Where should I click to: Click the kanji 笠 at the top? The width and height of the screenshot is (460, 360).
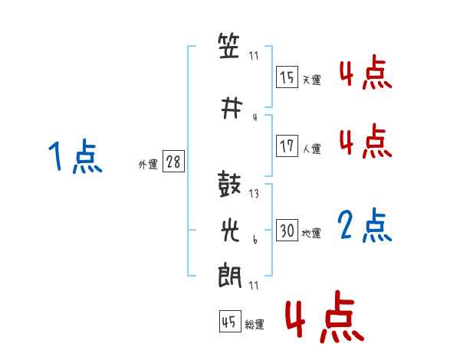tap(228, 45)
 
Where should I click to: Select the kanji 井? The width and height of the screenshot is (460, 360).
tap(232, 108)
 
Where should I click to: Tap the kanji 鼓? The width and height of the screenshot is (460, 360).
tap(229, 184)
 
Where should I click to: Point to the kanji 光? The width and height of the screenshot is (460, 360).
tap(230, 230)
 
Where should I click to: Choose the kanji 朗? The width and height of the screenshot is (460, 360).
tap(230, 277)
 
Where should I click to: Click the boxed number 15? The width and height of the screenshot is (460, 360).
tap(287, 77)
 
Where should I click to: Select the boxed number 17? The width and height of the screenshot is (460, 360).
tap(287, 146)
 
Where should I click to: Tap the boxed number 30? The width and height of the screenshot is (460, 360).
tap(287, 230)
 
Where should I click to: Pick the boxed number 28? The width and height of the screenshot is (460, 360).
tap(173, 161)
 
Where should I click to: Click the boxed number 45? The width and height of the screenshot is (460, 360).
tap(230, 321)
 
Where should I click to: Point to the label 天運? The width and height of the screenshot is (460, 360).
tap(311, 80)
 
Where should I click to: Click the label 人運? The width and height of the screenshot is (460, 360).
tap(311, 149)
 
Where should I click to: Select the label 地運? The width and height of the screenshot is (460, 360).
tap(311, 233)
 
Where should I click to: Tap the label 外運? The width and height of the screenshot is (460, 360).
tap(148, 165)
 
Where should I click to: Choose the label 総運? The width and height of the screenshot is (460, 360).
tap(255, 324)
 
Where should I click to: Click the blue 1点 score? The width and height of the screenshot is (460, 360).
tap(75, 156)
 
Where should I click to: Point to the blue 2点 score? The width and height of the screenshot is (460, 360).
tap(365, 225)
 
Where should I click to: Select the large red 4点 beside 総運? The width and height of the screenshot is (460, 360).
tap(324, 316)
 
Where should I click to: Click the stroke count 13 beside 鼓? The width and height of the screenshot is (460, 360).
tap(254, 194)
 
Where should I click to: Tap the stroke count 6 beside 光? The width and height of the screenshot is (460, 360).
tap(255, 240)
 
